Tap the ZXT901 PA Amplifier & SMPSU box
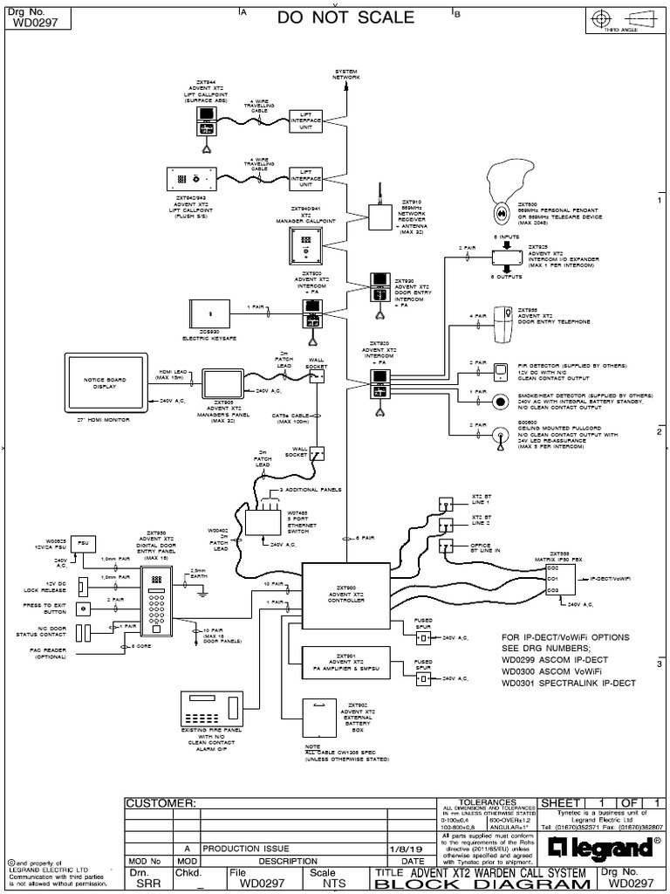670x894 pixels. pos(346,663)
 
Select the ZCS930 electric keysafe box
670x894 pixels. pos(207,312)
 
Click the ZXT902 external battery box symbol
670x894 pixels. pos(325,719)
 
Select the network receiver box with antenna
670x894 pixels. pos(379,216)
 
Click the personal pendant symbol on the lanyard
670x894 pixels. pos(501,213)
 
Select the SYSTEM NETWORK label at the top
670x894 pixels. pos(346,75)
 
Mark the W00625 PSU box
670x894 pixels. pos(82,540)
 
